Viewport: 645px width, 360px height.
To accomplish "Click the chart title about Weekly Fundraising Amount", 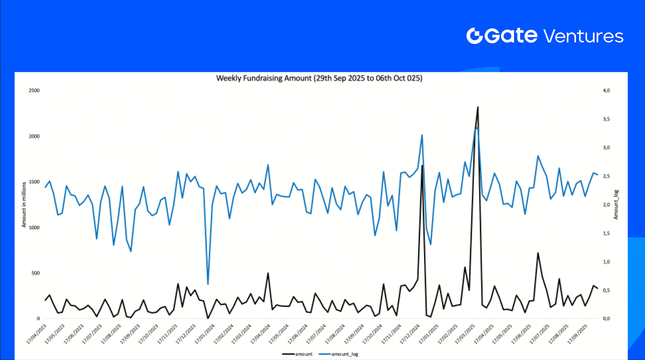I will coord(319,78).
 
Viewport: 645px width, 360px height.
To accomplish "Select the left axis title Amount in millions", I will coord(23,205).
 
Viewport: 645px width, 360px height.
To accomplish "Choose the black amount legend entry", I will coord(299,354).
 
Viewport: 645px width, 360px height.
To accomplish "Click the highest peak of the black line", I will coord(478,107).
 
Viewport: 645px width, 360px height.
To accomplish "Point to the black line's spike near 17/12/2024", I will coord(422,165).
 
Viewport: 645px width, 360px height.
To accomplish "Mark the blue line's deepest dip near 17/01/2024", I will coord(208,284).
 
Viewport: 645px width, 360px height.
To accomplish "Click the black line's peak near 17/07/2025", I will coord(538,253).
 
